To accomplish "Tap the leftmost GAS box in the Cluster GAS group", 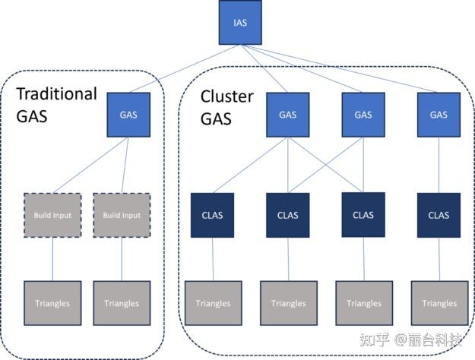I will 287,115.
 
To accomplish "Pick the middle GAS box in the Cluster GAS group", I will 363,115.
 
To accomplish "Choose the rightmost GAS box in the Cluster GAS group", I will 439,115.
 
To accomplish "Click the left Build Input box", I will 52,215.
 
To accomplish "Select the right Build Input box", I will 122,215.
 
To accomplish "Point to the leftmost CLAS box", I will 213,215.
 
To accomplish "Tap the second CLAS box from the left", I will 288,215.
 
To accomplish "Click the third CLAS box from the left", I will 363,214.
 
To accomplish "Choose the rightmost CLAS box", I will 439,215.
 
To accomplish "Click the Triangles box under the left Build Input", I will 52,303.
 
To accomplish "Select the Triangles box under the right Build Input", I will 122,303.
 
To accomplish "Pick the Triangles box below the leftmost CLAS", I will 213,303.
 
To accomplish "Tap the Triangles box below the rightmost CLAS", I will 439,303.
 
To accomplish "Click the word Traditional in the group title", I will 57,94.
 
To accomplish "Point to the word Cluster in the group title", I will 225,97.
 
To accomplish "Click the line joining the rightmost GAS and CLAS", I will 439,165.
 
